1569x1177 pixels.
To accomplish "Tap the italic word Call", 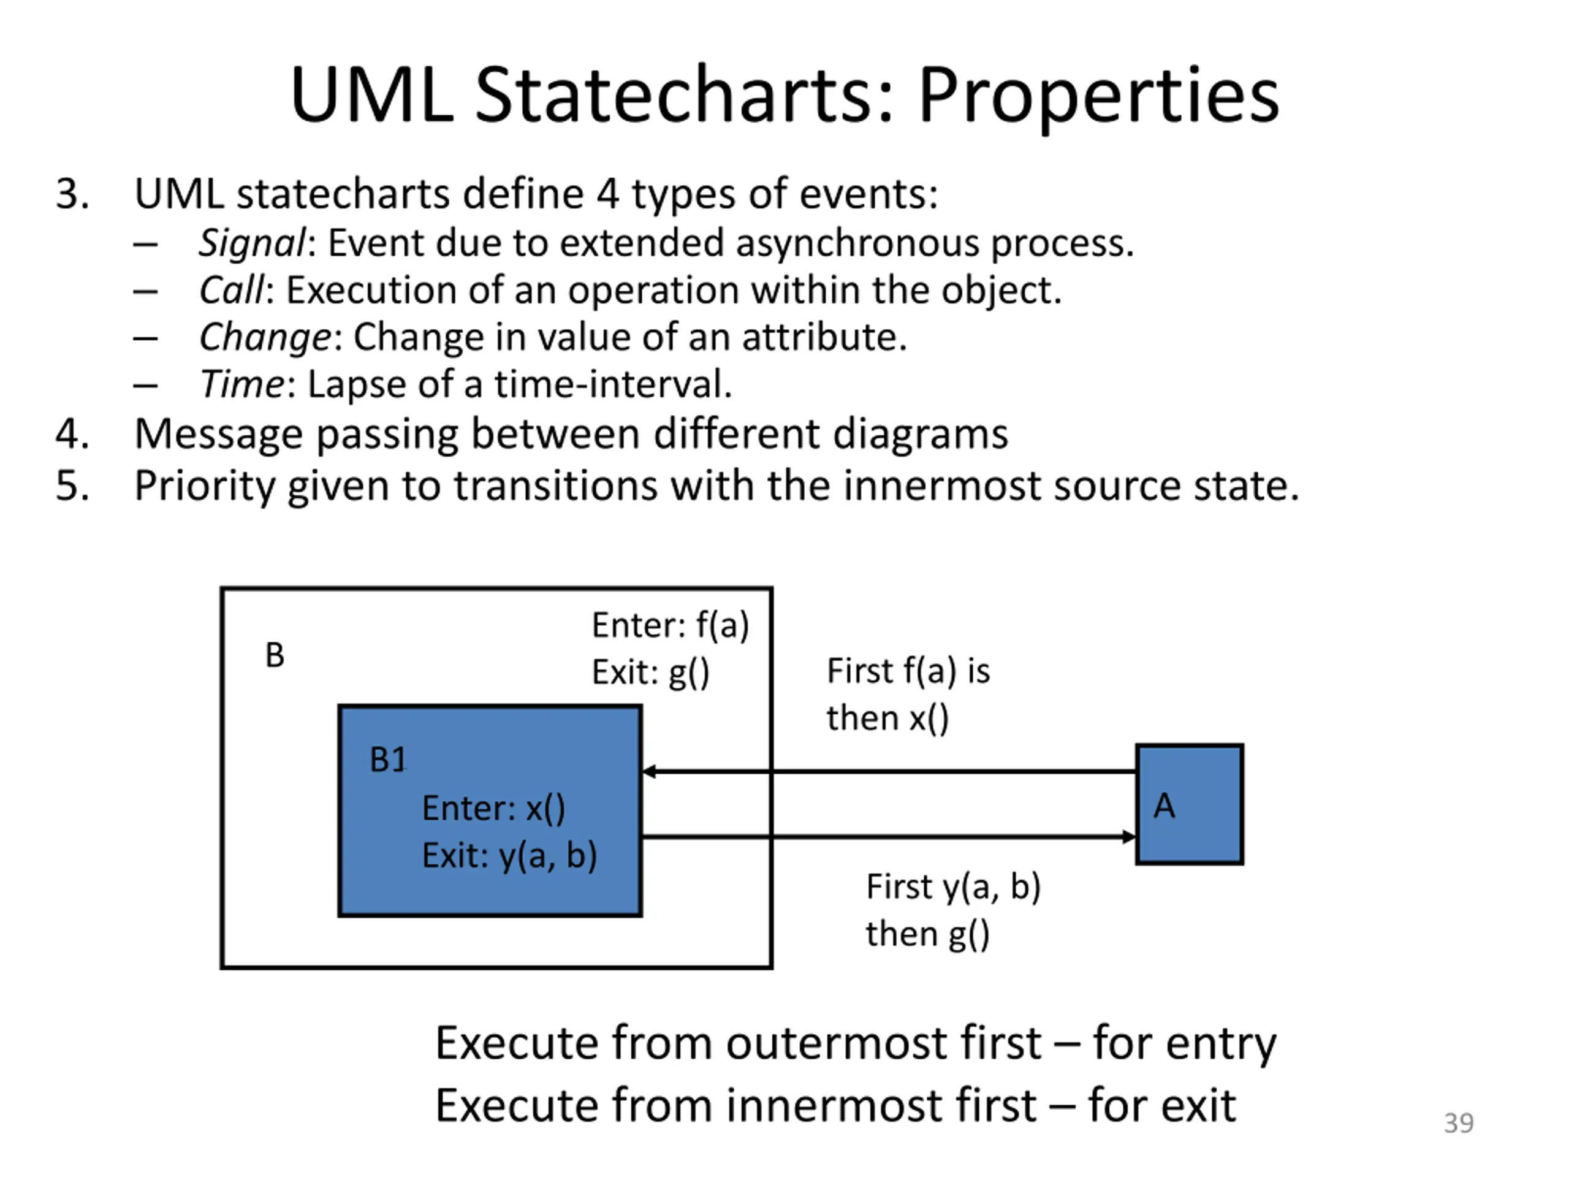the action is point(231,289).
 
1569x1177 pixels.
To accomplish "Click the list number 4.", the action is point(72,433).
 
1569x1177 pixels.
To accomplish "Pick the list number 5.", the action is point(72,486).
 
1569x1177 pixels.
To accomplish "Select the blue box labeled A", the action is point(1190,804).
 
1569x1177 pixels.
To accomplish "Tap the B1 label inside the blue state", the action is point(388,760).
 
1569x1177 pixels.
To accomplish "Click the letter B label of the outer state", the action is point(275,655).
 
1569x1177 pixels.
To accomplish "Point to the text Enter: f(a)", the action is point(671,626).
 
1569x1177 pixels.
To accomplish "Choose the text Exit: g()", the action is point(650,672).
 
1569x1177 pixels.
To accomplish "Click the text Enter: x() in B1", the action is point(493,809).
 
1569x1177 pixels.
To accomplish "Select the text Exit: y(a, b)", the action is point(509,856).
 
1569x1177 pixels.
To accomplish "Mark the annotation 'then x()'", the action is point(887,718).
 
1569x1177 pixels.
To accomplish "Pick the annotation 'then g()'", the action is point(927,934).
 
